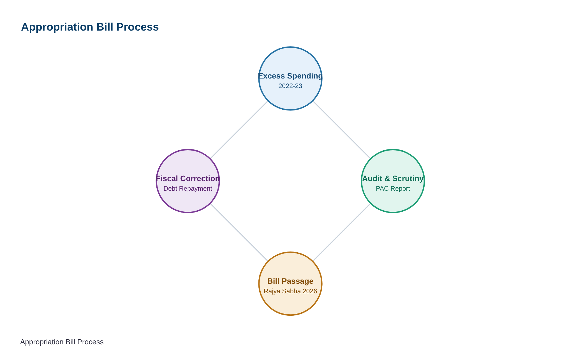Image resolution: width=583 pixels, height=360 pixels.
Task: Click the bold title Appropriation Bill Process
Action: [x=90, y=27]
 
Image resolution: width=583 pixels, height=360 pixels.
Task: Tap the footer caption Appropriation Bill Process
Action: [x=62, y=342]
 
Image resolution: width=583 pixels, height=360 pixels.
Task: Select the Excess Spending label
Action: [x=290, y=76]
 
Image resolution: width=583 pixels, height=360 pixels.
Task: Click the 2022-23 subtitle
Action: [x=290, y=86]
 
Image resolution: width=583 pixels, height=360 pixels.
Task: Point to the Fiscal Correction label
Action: [x=188, y=179]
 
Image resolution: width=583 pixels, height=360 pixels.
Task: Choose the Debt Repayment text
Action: [x=188, y=188]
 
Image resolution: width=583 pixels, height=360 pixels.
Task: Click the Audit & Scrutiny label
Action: [x=393, y=179]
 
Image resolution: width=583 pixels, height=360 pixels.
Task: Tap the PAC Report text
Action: [x=393, y=188]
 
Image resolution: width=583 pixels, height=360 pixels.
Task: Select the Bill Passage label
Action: [x=290, y=281]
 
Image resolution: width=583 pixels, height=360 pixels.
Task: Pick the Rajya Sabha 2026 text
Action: [x=290, y=291]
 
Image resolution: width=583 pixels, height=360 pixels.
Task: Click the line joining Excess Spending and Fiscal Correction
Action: [x=239, y=130]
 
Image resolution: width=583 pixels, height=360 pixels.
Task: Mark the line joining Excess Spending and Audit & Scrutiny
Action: [x=342, y=130]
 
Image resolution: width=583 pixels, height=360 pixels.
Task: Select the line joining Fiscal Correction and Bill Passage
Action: [x=239, y=232]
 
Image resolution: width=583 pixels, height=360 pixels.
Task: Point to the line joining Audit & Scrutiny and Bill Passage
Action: [x=342, y=232]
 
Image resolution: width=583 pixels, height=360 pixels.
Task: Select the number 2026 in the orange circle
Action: [x=310, y=291]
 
